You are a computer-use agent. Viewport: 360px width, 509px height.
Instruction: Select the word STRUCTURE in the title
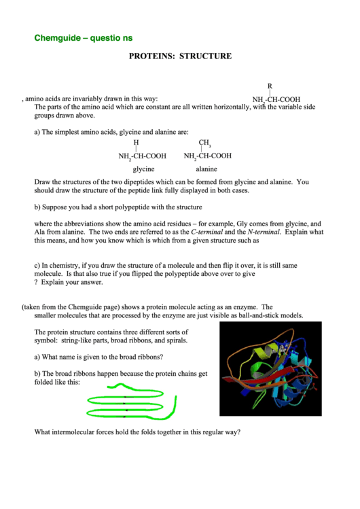point(206,56)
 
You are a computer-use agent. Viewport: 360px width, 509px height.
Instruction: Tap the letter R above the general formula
point(270,86)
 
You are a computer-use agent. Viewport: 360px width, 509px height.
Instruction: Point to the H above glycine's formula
point(136,143)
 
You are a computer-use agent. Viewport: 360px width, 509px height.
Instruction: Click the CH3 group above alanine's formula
point(204,143)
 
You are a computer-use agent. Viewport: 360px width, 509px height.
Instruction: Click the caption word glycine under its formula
point(143,169)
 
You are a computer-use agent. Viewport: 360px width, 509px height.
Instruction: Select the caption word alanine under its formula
point(206,169)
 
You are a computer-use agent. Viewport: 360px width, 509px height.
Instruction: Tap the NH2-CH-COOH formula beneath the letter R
point(276,99)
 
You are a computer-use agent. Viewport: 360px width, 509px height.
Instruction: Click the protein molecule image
point(270,369)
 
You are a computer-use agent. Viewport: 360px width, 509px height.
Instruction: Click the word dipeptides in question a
point(185,182)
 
